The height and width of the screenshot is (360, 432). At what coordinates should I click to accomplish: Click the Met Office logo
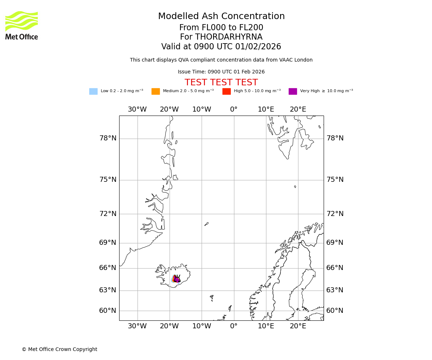click(22, 25)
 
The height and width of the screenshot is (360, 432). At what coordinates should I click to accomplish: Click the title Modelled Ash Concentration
click(221, 17)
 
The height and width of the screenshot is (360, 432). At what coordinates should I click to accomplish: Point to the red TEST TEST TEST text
click(221, 82)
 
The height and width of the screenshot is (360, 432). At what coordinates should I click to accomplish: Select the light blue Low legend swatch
click(93, 91)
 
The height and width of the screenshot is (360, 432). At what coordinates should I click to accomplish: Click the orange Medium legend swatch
click(156, 91)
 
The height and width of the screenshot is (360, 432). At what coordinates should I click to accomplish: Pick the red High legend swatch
click(226, 91)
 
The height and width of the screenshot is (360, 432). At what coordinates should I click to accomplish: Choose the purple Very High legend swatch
click(293, 91)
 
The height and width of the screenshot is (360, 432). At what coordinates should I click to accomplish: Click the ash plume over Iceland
click(176, 279)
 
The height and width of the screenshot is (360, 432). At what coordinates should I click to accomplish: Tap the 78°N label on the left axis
click(108, 138)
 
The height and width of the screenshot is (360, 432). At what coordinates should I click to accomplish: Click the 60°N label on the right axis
click(335, 311)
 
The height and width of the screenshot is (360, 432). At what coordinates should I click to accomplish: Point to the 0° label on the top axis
click(234, 109)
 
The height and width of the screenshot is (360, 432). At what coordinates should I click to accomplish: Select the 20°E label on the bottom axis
click(298, 326)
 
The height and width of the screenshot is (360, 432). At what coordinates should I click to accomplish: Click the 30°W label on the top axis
click(137, 109)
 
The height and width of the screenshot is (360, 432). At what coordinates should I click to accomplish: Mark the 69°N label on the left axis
click(108, 243)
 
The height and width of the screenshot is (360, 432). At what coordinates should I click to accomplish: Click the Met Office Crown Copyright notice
click(59, 350)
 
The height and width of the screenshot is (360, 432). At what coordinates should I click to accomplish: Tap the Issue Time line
click(221, 72)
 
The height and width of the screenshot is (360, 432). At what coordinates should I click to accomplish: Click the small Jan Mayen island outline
click(206, 224)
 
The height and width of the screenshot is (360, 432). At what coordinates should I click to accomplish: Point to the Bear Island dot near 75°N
click(295, 186)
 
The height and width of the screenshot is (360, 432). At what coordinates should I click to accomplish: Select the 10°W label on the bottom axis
click(202, 326)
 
